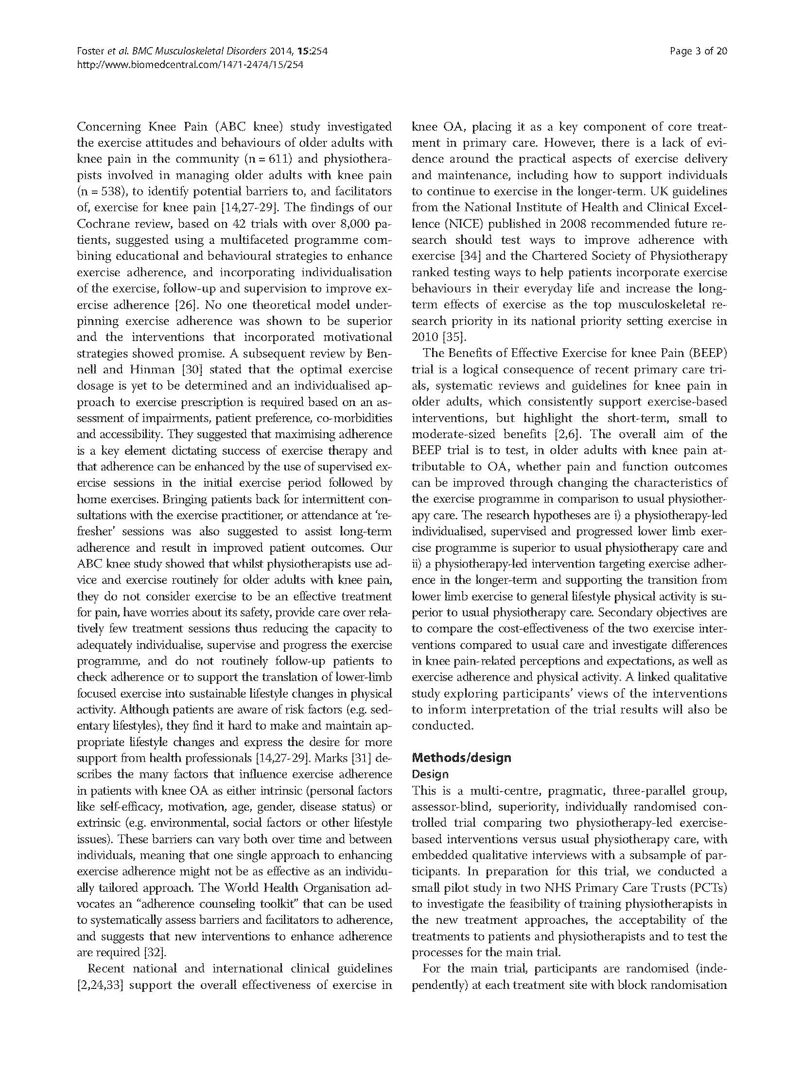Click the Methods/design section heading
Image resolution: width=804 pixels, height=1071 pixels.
click(461, 757)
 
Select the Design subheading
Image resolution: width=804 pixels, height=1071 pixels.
click(430, 774)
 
